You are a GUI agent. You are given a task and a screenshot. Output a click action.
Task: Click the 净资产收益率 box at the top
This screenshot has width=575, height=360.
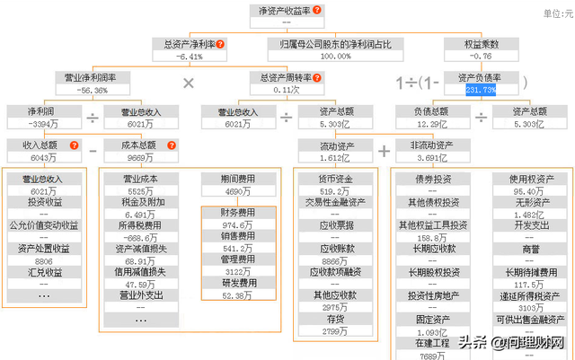286,15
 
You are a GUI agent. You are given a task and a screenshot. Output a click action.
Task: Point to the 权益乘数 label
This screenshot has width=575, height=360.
481,43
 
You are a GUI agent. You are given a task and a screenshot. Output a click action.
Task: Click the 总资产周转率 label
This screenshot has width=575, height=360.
280,78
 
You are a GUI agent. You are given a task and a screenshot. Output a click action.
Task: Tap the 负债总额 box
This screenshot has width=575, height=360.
431,118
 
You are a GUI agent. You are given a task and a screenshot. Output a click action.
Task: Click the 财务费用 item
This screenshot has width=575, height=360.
238,213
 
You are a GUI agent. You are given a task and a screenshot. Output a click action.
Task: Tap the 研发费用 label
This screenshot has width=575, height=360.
238,282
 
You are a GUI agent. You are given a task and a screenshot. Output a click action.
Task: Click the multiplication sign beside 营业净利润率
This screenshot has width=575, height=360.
189,83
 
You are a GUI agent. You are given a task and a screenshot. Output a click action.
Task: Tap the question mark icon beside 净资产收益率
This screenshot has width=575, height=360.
316,10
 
